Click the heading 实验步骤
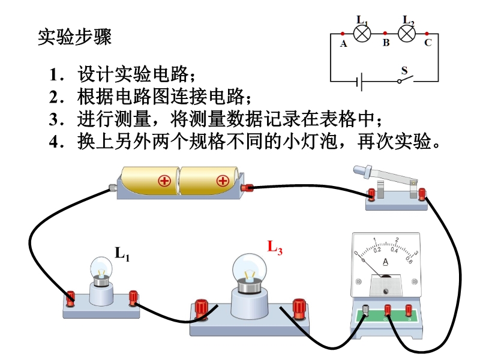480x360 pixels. click(x=74, y=37)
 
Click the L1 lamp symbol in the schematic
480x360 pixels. click(x=362, y=33)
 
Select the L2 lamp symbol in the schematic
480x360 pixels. click(x=407, y=33)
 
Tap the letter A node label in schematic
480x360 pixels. click(x=343, y=44)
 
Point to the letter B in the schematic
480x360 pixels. click(x=386, y=43)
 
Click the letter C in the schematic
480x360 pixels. click(x=428, y=43)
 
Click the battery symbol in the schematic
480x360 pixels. click(x=361, y=81)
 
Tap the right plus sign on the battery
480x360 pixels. click(x=223, y=180)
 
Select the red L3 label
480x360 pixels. click(x=275, y=247)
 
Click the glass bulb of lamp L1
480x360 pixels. click(x=101, y=268)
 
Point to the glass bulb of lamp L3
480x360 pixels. click(x=248, y=266)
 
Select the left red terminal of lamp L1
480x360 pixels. click(x=71, y=297)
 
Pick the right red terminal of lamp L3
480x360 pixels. click(x=298, y=308)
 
